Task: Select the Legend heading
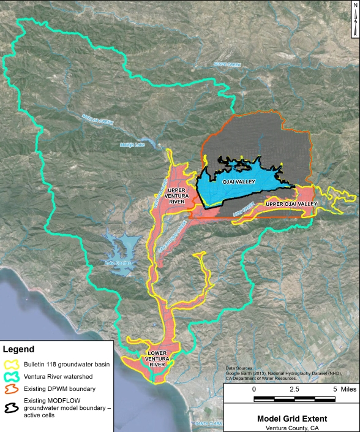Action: [20, 350]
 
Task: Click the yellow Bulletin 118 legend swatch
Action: [11, 364]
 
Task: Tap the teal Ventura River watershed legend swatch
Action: [11, 376]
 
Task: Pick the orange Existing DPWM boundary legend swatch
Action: [11, 388]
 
